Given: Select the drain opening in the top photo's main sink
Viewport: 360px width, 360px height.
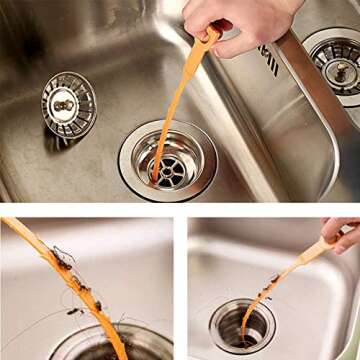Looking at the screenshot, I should tap(167, 163).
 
